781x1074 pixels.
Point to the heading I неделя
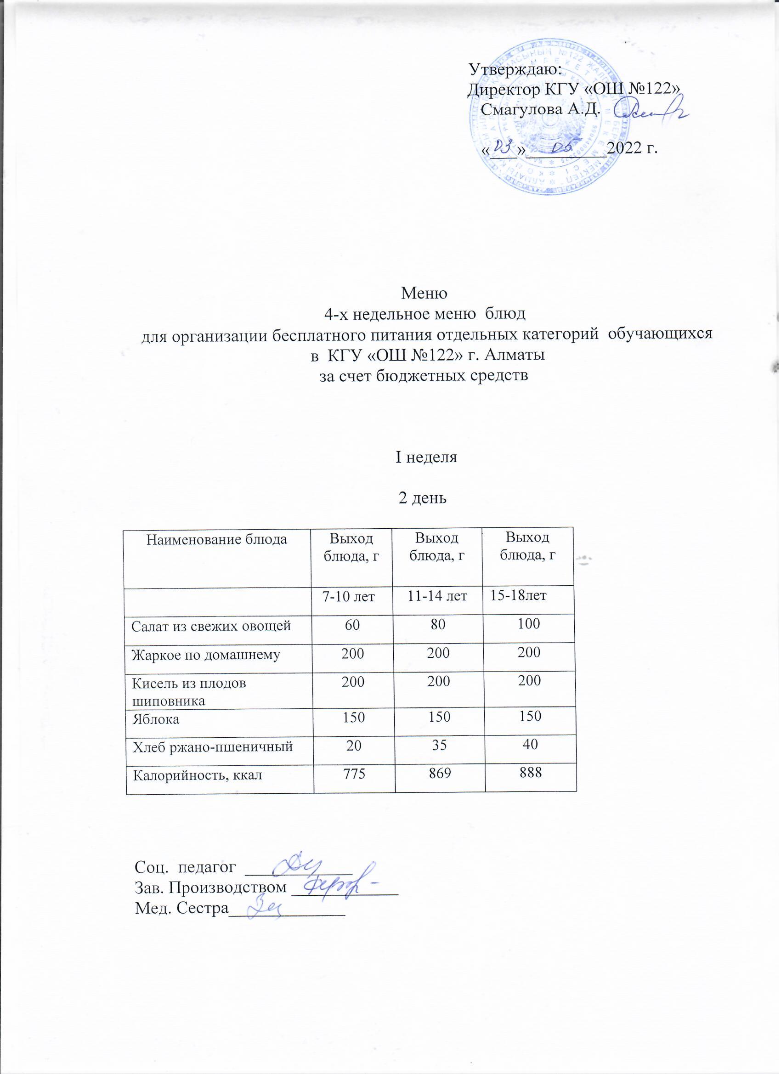click(426, 458)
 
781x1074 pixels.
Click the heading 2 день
click(423, 497)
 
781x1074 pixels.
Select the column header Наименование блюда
click(217, 539)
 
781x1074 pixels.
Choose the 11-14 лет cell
click(438, 596)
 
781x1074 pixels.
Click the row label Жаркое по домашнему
click(205, 655)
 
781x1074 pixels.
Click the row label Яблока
click(156, 719)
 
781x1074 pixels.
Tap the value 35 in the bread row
click(438, 746)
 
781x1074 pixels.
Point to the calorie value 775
click(353, 774)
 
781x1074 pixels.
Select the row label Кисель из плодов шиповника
click(188, 692)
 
